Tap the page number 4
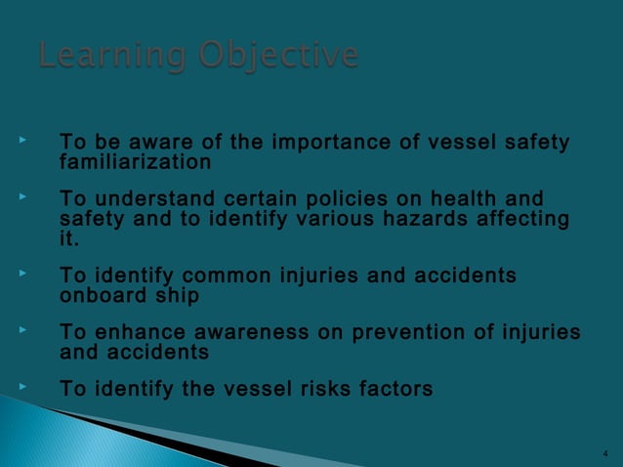click(605, 454)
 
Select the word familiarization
click(136, 161)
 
